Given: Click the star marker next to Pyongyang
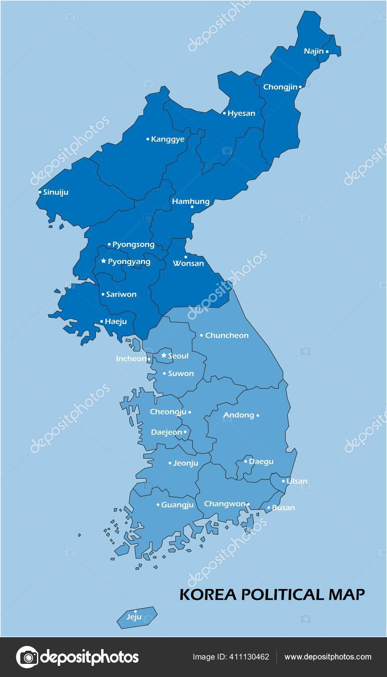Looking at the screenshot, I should point(104,261).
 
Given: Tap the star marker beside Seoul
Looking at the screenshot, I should point(164,355).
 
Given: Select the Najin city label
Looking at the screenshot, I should point(314,51).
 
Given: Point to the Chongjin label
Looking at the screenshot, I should point(280,87).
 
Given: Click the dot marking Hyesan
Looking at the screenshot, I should point(224,113).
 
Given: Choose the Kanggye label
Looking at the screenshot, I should point(168,139).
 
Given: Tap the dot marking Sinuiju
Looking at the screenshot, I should point(40,192).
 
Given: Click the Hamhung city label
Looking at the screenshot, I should point(190,202).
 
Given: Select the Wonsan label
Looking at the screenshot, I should point(188,264).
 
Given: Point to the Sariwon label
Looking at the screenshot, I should point(121,294).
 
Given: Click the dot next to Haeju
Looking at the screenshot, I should point(102,321).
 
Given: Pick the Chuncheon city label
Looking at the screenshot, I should point(227,335).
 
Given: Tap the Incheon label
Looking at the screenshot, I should point(131,359).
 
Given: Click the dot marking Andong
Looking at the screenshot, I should point(258,415).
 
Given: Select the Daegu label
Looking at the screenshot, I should point(261,462).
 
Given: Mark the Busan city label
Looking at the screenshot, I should point(283,508).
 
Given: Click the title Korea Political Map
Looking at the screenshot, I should point(272,594).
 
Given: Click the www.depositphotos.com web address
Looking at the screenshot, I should point(328,657).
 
